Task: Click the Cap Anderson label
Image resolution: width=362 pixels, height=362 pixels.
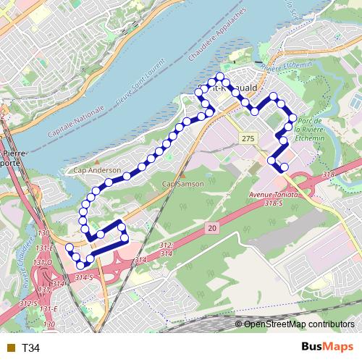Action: pyautogui.click(x=97, y=171)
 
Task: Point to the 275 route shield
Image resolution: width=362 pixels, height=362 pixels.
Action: pyautogui.click(x=248, y=138)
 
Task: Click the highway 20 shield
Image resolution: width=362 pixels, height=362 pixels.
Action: pyautogui.click(x=211, y=228)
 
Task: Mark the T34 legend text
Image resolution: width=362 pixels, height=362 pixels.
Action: pyautogui.click(x=30, y=348)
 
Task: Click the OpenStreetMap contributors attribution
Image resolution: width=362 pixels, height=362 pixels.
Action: pyautogui.click(x=298, y=324)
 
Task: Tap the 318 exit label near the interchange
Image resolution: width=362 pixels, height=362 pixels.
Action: pyautogui.click(x=328, y=176)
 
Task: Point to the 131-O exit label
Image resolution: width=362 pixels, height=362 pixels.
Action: pyautogui.click(x=43, y=261)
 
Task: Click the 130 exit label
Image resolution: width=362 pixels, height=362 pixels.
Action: pyautogui.click(x=43, y=232)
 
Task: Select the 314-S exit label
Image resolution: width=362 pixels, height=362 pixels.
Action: pyautogui.click(x=84, y=277)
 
